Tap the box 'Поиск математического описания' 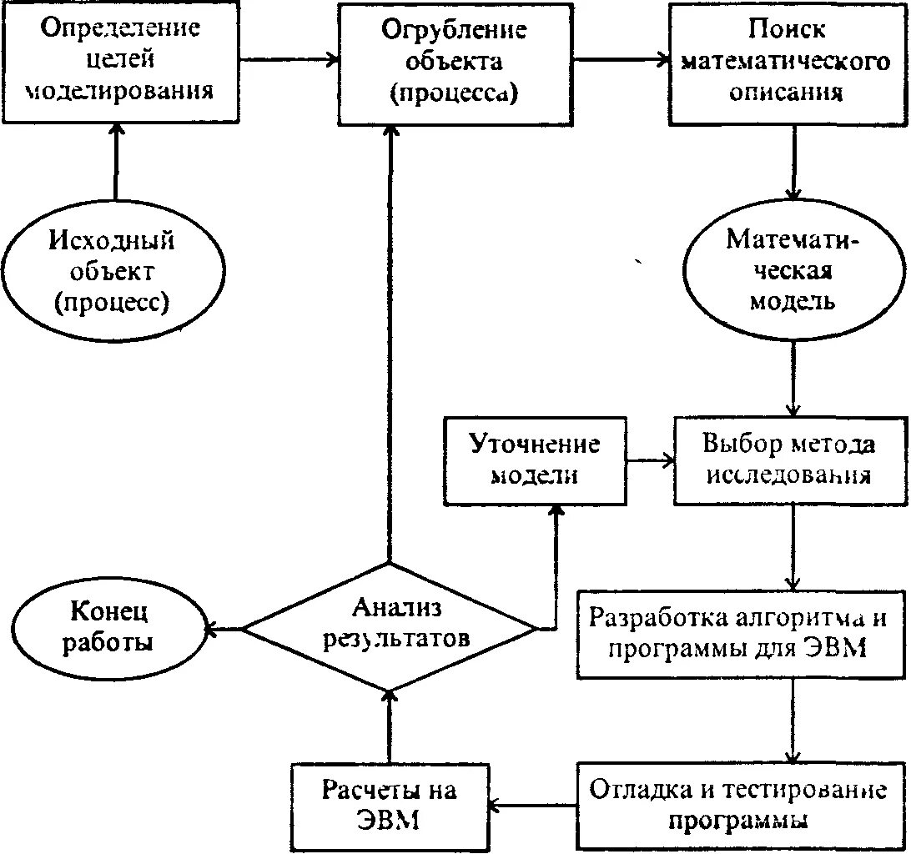point(786,62)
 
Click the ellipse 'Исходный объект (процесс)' point(112,272)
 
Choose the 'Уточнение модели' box point(534,460)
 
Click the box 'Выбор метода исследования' point(789,460)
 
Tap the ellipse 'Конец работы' point(109,627)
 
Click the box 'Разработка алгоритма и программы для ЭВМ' point(738,634)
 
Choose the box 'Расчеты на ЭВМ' point(390,804)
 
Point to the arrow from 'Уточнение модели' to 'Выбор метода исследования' point(651,460)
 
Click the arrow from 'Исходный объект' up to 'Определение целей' point(115,162)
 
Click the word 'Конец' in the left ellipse point(109,613)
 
